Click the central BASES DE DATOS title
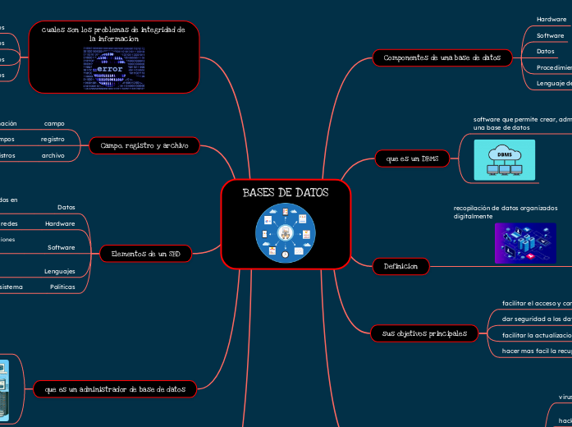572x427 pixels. click(x=286, y=193)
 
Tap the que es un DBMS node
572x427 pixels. click(x=411, y=158)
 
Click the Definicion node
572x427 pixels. click(x=400, y=266)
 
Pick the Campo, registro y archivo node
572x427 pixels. click(x=144, y=145)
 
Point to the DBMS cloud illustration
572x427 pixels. click(x=504, y=159)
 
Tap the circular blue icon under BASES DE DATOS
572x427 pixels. click(x=286, y=233)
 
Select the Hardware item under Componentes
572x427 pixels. click(x=551, y=19)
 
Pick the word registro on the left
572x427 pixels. click(x=53, y=140)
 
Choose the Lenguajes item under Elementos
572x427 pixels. click(x=60, y=271)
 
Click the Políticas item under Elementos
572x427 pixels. click(x=62, y=287)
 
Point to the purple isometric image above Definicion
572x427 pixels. click(x=502, y=243)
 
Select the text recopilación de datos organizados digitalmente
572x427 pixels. click(x=506, y=212)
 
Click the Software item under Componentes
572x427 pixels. click(x=550, y=35)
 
